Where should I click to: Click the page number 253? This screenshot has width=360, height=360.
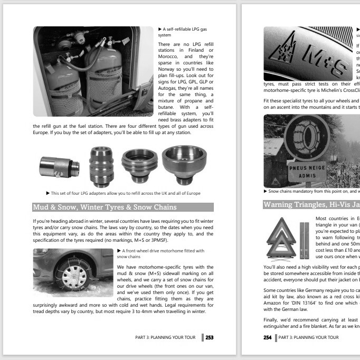point(209,338)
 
